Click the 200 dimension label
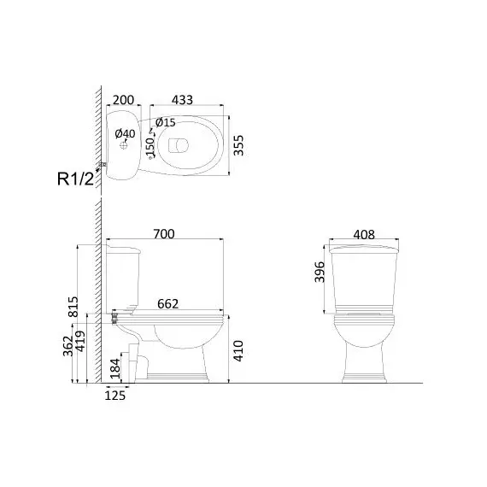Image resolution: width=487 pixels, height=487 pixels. point(123,100)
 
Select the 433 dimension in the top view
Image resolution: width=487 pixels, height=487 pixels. point(182,100)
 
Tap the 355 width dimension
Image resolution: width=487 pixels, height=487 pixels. point(238,145)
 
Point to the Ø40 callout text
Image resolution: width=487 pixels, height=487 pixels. point(125,134)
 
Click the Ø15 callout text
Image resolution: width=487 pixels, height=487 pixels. point(166,122)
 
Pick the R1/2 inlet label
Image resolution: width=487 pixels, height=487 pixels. point(75,179)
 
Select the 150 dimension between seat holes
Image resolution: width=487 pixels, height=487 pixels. point(150,147)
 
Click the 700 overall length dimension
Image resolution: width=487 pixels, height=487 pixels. point(164,234)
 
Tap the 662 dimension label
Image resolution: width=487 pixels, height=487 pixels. point(167,304)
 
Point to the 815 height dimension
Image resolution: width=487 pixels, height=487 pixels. point(73,307)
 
